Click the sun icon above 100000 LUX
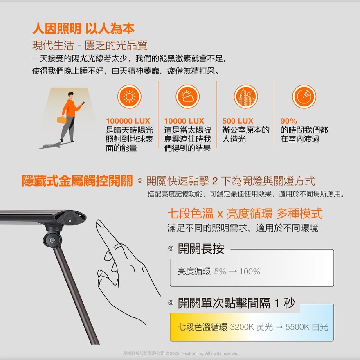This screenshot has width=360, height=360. tap(129, 97)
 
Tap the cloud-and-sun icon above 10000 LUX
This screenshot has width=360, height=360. tap(188, 97)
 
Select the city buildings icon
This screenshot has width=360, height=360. tap(246, 97)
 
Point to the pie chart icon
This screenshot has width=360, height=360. tap(304, 97)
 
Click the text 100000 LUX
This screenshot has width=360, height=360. tap(128, 121)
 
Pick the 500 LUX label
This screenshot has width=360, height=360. tap(238, 121)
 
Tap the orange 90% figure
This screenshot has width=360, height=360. tap(288, 121)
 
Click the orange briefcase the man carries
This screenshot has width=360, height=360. tap(61, 119)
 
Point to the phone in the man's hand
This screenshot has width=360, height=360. tap(83, 103)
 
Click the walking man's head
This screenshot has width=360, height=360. tap(71, 95)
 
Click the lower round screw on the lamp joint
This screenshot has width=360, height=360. tap(52, 240)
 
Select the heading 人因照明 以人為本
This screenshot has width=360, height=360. tap(83, 29)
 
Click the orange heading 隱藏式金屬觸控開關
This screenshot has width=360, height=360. tap(77, 181)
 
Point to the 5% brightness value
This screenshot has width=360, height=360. tap(220, 272)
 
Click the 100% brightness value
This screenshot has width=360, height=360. tap(250, 272)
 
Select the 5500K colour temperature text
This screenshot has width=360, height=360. tap(297, 327)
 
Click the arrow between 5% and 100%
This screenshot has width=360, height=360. tap(233, 272)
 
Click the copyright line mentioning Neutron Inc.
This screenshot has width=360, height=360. tap(181, 353)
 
